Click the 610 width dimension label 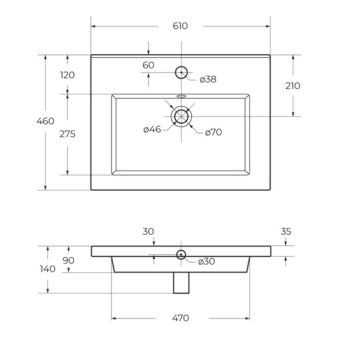180,26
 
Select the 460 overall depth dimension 45,121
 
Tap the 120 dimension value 67,75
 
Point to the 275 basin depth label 67,134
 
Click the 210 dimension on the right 292,86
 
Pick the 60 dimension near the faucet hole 148,65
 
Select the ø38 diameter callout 208,79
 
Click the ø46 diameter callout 152,130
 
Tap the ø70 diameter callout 214,132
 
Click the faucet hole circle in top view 181,72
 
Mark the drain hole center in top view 181,116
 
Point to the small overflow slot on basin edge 181,95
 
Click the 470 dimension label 180,318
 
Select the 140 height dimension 47,269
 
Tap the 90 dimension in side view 68,261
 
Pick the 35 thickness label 286,231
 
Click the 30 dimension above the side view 148,231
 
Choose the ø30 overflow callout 206,261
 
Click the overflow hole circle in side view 181,254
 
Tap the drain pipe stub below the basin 181,283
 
